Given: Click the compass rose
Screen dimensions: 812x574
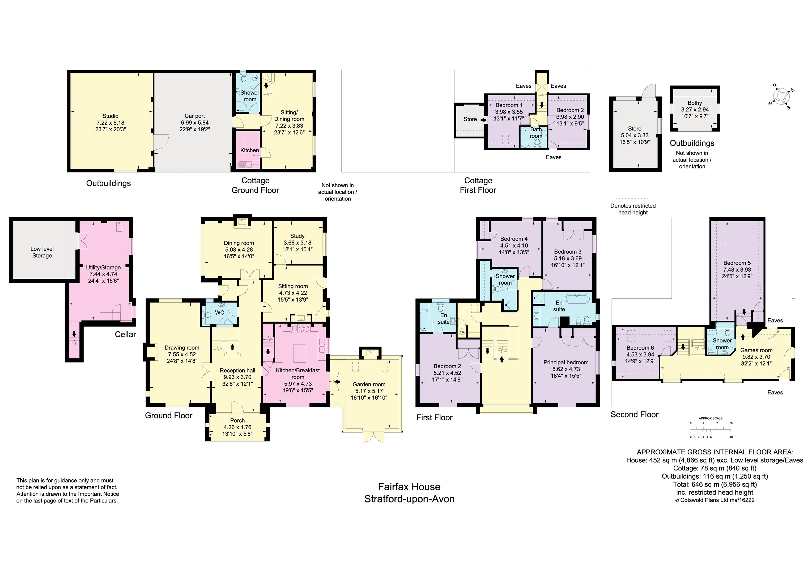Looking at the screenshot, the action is click(781, 96).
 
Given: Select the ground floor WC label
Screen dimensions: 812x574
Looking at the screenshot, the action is click(220, 313).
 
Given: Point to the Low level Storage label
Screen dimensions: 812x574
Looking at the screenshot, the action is click(42, 252).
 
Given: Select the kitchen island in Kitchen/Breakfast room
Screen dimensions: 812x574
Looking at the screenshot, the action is click(299, 352).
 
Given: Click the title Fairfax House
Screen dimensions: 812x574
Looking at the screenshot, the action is click(409, 487).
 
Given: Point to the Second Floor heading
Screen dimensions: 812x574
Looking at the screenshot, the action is click(635, 414).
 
